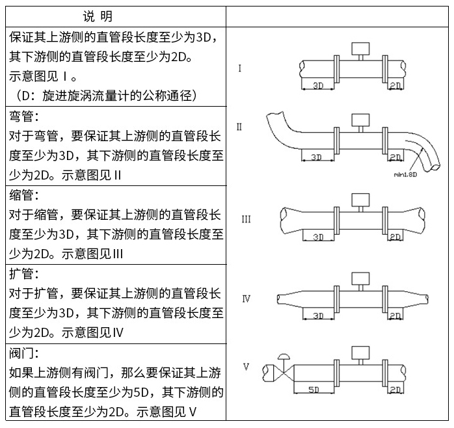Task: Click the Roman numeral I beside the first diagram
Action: point(241,68)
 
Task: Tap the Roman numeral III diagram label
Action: point(246,219)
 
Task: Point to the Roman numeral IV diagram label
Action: point(247,299)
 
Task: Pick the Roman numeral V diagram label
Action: point(247,367)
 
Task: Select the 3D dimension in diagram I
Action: point(319,85)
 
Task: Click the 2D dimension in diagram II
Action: point(395,157)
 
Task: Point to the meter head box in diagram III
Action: point(359,199)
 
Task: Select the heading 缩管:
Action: point(25,194)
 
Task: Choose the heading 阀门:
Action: point(25,353)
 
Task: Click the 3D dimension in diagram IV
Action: point(319,315)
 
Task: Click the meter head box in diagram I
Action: point(359,49)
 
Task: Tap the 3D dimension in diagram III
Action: point(319,237)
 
